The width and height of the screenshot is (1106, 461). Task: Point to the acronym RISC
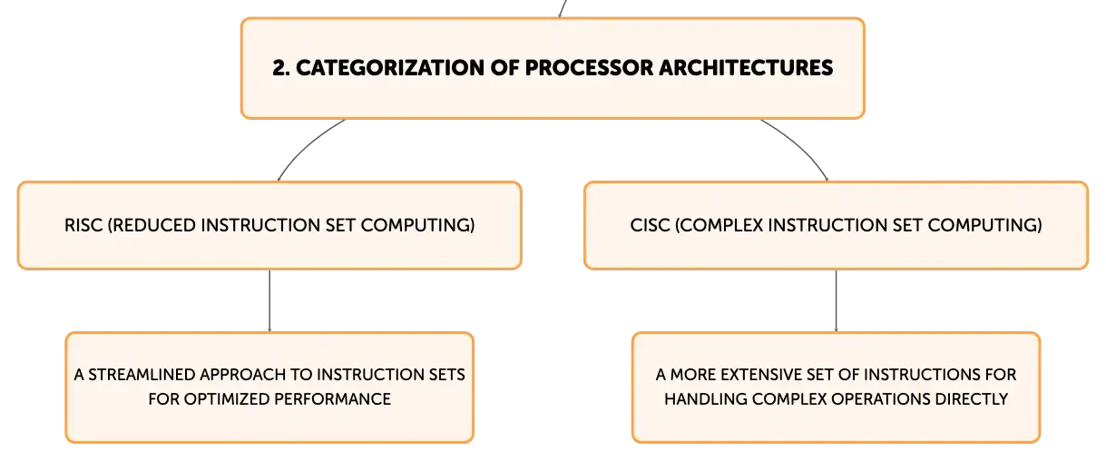83,225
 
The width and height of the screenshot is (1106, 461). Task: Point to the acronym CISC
650,225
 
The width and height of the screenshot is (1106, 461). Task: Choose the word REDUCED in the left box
152,225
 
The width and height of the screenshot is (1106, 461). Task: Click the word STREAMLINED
142,375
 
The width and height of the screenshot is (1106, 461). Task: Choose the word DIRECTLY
972,399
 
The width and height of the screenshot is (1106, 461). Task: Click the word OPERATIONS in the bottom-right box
881,399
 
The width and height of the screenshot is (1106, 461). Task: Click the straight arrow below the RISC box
269,300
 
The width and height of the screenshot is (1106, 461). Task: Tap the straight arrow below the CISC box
836,300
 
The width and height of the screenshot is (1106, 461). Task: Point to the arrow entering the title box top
562,8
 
